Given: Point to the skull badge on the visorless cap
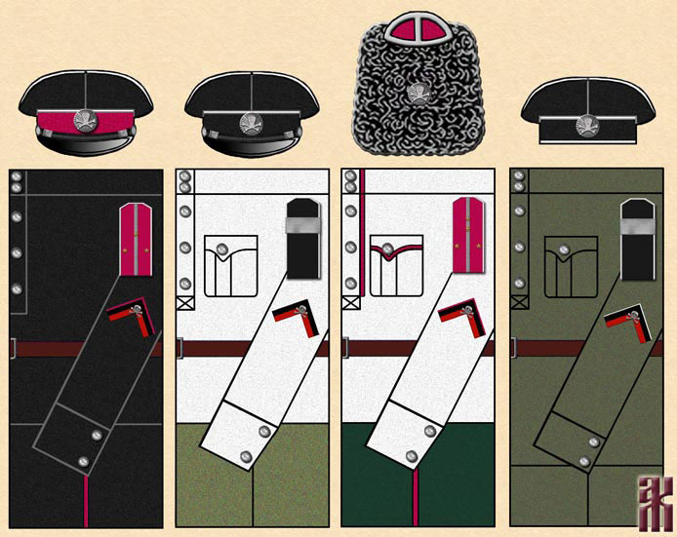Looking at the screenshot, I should pos(588,125).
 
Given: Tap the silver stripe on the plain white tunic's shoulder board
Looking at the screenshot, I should pos(301,225).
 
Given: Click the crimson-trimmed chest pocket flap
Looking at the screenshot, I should pos(396,251).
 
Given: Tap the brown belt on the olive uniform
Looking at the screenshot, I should pos(546,348).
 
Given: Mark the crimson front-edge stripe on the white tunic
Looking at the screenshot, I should pos(362,205).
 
